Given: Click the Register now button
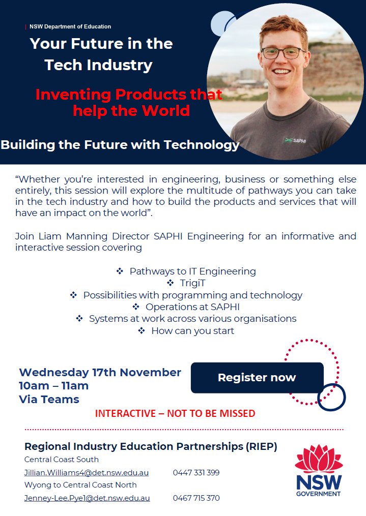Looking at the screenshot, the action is tap(257, 378).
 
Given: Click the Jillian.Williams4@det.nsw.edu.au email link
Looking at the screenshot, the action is tap(87, 473).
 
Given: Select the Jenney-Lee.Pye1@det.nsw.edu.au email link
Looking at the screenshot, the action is tap(87, 498).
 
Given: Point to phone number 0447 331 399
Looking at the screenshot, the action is tap(196, 473).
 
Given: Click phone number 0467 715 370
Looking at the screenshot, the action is tap(196, 498).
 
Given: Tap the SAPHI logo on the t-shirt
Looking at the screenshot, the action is tap(295, 140).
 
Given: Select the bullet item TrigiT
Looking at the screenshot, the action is tap(193, 283).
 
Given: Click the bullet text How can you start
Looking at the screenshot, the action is tap(193, 331).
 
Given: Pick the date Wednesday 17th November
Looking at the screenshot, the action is tap(100, 372).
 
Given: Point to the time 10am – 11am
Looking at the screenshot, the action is tap(53, 386).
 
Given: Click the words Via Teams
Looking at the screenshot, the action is tap(49, 399).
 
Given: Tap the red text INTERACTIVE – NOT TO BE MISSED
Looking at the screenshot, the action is tap(175, 413).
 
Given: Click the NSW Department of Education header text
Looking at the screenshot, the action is tap(70, 26).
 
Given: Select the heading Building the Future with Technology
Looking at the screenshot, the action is tap(120, 145).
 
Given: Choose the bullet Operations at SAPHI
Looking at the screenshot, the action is tap(192, 307).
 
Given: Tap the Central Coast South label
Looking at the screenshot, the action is tap(61, 460).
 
